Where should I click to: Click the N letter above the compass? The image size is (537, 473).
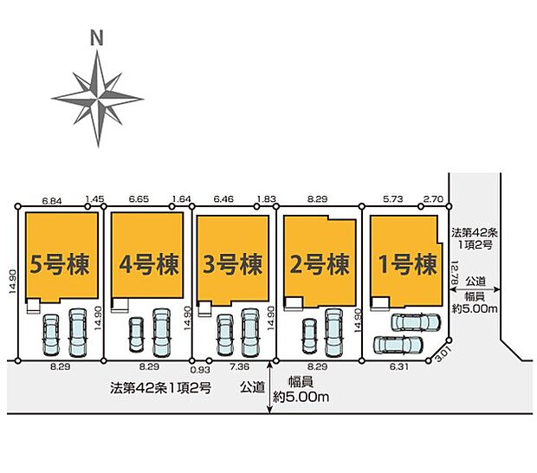97,37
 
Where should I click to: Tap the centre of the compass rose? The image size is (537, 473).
98,99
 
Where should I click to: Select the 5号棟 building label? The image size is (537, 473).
60,264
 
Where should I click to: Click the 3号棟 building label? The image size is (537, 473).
232,264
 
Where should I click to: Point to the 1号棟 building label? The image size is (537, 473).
408,264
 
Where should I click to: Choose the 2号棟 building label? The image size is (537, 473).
320,264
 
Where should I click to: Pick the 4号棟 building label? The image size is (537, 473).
149,264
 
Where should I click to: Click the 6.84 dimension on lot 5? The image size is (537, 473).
52,201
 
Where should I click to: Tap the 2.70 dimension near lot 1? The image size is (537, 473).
433,199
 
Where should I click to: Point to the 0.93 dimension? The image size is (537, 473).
200,370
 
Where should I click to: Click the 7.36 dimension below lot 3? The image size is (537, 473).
239,366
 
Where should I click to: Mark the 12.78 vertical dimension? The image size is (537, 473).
455,273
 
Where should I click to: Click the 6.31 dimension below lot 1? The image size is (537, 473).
399,366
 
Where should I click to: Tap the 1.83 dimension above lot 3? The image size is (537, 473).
267,199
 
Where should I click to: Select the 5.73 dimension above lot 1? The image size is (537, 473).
393,199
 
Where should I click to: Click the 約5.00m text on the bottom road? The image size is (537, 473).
301,397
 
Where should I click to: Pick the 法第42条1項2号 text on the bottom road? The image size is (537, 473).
160,388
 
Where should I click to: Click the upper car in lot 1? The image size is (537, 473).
416,322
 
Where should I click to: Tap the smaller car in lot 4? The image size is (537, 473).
136,334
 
